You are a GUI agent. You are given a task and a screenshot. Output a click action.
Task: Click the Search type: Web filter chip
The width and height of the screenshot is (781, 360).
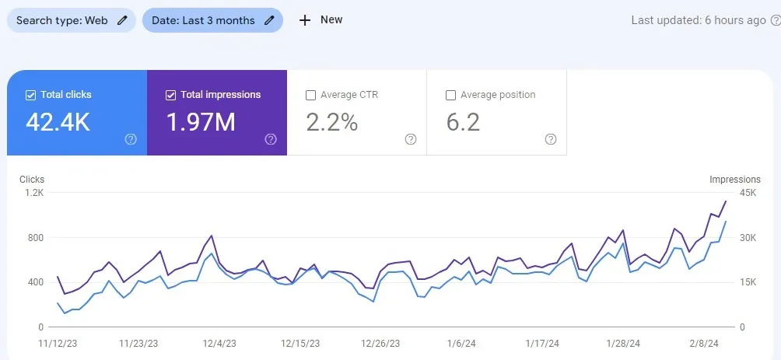click(71, 20)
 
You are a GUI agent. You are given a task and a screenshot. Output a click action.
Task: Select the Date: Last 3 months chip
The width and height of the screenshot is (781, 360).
click(212, 20)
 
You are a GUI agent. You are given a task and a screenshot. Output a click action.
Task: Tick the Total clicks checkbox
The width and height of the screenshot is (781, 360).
click(31, 95)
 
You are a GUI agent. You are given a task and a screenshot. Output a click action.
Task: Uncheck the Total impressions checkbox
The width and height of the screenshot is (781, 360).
click(171, 95)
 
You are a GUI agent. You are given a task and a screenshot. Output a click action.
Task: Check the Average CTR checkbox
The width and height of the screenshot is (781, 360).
click(311, 95)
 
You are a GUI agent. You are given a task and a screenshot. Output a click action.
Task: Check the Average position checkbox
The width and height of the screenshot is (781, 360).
click(450, 95)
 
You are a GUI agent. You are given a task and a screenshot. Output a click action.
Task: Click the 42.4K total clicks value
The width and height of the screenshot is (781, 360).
click(58, 122)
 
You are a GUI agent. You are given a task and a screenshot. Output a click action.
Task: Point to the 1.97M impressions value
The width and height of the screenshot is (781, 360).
click(201, 122)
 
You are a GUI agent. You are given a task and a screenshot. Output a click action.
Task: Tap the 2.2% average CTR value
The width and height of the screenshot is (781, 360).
click(331, 122)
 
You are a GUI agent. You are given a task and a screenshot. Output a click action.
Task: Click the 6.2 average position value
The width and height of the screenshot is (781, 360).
click(463, 122)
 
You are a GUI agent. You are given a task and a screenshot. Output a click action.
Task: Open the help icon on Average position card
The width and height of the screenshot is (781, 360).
click(551, 139)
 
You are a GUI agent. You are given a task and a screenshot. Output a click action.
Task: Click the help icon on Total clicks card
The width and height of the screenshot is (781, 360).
click(131, 139)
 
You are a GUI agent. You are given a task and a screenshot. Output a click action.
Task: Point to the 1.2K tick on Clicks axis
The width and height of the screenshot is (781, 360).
click(34, 192)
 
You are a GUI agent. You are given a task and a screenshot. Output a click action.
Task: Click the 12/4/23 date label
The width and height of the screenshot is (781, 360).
click(219, 343)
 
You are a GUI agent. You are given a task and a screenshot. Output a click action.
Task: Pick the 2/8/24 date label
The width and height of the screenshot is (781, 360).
click(703, 343)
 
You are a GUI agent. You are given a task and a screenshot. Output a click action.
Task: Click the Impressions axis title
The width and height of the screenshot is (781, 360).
click(734, 180)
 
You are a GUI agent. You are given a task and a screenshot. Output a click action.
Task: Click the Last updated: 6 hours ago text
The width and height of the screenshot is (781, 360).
click(699, 20)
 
